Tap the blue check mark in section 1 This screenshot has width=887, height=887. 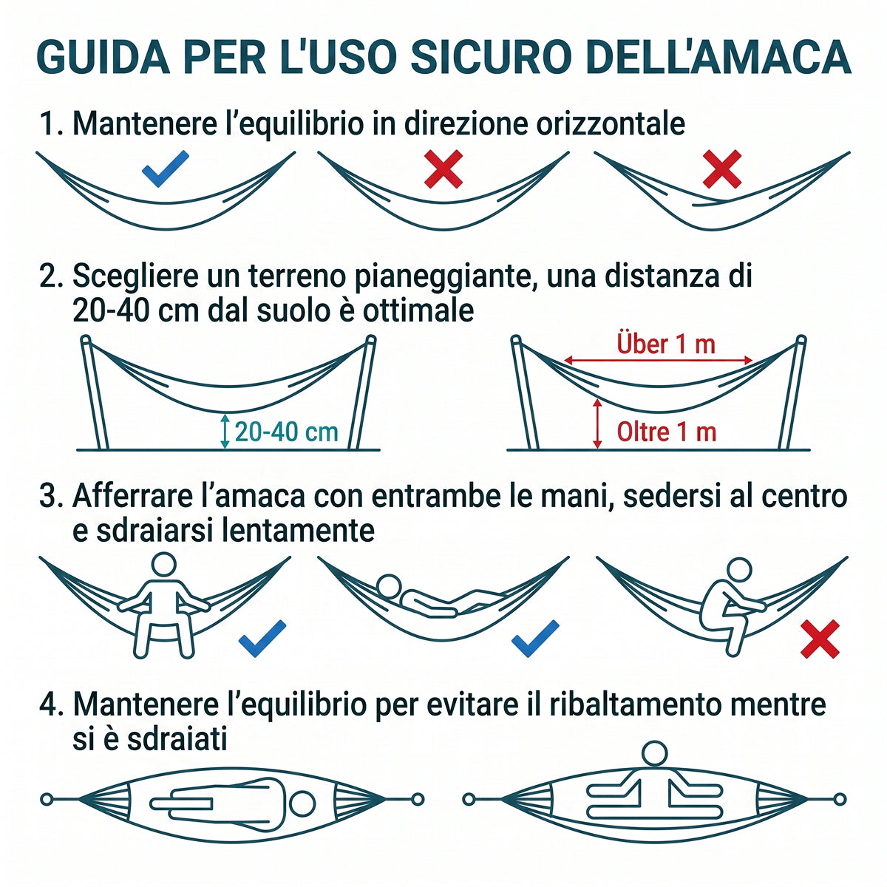(165, 169)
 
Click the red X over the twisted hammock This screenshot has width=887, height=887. (722, 169)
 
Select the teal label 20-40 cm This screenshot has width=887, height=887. (286, 432)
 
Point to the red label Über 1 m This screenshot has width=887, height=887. (665, 344)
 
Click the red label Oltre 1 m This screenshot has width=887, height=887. (666, 432)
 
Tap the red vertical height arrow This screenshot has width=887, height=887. (597, 424)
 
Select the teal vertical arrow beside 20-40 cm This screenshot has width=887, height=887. (225, 431)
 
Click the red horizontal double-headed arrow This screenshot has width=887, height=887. (659, 361)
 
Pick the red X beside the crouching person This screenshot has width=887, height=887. (820, 639)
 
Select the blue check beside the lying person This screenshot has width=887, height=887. (535, 639)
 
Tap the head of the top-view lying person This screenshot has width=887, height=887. (302, 803)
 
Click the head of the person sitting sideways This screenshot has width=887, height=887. (654, 754)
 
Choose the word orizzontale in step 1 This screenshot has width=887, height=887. (611, 124)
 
